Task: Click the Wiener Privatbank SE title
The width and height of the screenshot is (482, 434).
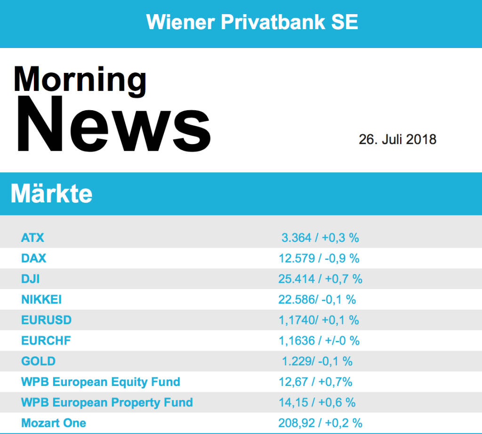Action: click(252, 22)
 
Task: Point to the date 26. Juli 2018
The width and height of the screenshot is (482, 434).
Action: click(397, 139)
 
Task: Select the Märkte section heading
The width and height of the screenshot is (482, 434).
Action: click(51, 193)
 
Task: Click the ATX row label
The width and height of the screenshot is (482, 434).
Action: click(32, 238)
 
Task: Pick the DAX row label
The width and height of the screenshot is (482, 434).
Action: click(34, 258)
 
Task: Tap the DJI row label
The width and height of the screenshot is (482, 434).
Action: click(31, 279)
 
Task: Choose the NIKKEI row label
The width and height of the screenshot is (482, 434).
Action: click(41, 299)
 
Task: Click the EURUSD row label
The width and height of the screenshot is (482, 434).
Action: click(46, 320)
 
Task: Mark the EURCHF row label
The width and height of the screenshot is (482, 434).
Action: click(46, 341)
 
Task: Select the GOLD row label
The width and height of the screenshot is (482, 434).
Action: click(38, 362)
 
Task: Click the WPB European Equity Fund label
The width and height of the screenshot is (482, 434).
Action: click(100, 382)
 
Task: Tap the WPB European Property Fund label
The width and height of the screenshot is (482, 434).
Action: click(107, 402)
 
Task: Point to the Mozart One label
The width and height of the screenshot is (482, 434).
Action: click(53, 423)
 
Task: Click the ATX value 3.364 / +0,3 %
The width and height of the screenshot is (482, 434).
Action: click(320, 238)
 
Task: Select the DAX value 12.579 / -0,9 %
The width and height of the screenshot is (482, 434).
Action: click(319, 258)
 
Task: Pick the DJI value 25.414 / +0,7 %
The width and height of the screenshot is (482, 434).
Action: click(320, 279)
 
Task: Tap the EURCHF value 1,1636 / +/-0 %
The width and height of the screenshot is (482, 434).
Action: click(319, 341)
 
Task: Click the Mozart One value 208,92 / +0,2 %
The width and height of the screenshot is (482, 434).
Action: click(320, 423)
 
